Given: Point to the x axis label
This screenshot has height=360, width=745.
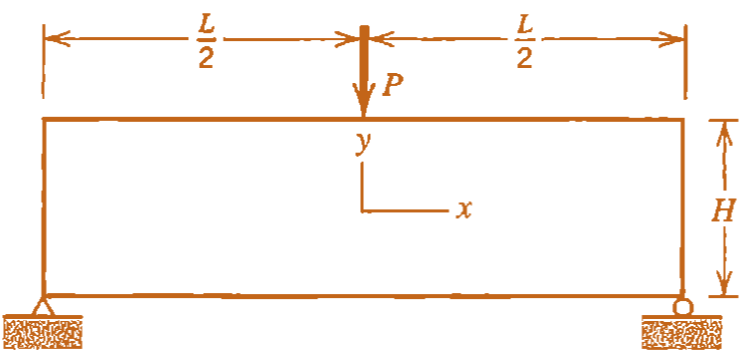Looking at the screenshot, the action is [463, 210].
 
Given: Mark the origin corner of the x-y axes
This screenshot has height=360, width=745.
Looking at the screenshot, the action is [362, 211].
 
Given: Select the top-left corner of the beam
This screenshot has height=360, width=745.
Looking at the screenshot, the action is [44, 120].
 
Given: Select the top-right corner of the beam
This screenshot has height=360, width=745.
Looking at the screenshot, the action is [684, 120].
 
